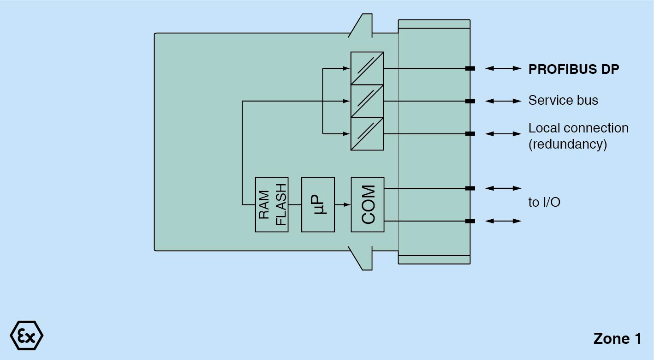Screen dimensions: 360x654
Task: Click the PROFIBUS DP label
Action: (573, 69)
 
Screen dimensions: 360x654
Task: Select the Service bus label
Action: (563, 101)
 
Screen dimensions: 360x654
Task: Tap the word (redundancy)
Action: (567, 144)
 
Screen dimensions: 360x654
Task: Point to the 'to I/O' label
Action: (544, 202)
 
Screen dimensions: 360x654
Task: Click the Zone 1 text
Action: (617, 339)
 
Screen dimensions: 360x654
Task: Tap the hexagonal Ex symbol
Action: (26, 335)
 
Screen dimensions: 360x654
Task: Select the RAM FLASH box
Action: (272, 204)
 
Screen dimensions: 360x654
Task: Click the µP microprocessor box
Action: (318, 204)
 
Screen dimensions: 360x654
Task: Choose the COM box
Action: (367, 204)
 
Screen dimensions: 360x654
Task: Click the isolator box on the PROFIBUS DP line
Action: (367, 68)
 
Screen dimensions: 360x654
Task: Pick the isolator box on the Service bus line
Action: (367, 101)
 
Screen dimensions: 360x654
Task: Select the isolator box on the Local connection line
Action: (367, 134)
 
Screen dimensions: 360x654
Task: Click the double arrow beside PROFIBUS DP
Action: (503, 68)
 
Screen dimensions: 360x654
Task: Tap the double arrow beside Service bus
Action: (503, 101)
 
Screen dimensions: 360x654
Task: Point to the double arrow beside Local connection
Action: (503, 134)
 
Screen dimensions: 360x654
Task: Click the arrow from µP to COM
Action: (342, 204)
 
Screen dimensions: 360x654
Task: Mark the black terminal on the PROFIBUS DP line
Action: (470, 69)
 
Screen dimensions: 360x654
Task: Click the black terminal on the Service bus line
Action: (470, 101)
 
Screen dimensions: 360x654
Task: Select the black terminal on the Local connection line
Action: (470, 134)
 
